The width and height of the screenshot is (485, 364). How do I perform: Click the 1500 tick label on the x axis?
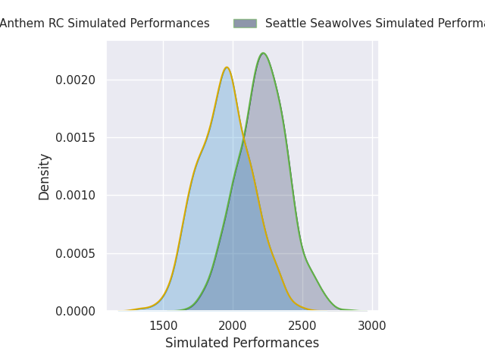pyautogui.click(x=163, y=326)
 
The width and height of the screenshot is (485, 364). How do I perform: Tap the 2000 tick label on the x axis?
pyautogui.click(x=233, y=326)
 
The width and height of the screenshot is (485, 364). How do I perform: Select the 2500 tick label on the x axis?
pyautogui.click(x=302, y=326)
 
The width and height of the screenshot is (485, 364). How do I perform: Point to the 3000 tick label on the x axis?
pyautogui.click(x=372, y=326)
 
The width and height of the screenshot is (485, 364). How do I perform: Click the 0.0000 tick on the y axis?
pyautogui.click(x=76, y=311)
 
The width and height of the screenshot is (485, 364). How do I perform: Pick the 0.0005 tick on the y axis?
pyautogui.click(x=76, y=253)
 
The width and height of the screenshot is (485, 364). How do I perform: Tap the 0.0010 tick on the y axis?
pyautogui.click(x=76, y=196)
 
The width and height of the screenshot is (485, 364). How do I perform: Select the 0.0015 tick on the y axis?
pyautogui.click(x=76, y=137)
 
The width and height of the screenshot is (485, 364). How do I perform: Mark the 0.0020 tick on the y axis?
pyautogui.click(x=76, y=80)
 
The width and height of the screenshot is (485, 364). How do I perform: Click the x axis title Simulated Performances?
pyautogui.click(x=242, y=344)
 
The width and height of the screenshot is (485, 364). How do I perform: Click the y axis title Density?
pyautogui.click(x=45, y=177)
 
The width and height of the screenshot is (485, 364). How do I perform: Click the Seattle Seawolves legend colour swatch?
pyautogui.click(x=245, y=24)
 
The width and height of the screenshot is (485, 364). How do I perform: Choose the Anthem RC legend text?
pyautogui.click(x=105, y=24)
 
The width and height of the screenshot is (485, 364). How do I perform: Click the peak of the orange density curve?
pyautogui.click(x=227, y=67)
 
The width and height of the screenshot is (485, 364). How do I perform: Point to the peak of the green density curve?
pyautogui.click(x=263, y=53)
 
